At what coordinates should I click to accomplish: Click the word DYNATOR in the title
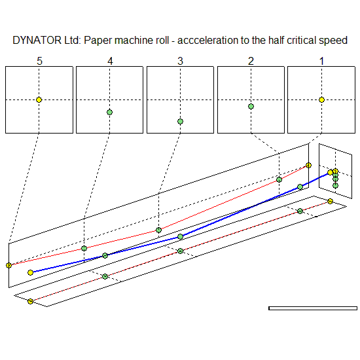(37, 40)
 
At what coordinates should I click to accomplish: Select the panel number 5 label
(39, 61)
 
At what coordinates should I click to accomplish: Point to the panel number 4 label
(110, 61)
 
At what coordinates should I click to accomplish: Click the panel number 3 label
(181, 61)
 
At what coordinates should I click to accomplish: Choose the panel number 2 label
(251, 61)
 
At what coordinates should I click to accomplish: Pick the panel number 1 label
(321, 61)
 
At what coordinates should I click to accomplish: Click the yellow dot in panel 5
(39, 100)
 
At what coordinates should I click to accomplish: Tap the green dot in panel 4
(110, 113)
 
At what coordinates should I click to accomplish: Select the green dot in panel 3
(181, 122)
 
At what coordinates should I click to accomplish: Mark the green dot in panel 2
(251, 106)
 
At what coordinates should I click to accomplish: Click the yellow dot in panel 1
(321, 100)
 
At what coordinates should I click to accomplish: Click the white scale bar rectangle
(313, 308)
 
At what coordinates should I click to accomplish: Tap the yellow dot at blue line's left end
(30, 272)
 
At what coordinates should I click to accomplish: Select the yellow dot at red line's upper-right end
(308, 166)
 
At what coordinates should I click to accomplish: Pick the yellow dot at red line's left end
(9, 265)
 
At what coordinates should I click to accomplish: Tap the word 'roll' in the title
(162, 40)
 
